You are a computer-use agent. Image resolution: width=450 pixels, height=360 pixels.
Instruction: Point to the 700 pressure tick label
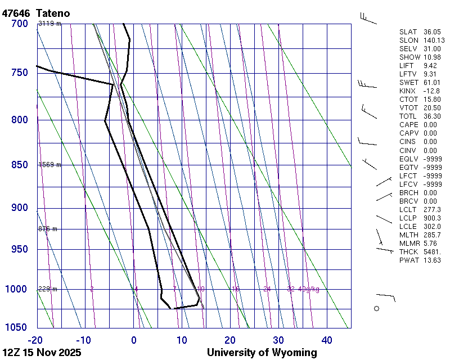click(19, 24)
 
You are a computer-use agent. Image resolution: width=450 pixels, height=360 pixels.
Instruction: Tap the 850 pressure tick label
click(19, 165)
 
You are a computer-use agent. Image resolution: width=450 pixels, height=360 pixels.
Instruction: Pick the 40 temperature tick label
click(327, 340)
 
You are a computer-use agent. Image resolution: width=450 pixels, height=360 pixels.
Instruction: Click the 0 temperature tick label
click(134, 340)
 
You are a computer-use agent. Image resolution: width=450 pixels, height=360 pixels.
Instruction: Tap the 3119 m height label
click(49, 24)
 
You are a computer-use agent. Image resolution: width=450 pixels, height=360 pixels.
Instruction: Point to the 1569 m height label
click(49, 165)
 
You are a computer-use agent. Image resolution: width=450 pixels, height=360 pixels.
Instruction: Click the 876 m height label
click(48, 229)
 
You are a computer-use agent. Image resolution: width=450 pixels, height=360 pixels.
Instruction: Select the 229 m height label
click(48, 289)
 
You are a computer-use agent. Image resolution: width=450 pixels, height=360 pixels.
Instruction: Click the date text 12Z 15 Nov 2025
click(42, 353)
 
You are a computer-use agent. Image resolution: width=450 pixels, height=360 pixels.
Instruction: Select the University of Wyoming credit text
click(262, 353)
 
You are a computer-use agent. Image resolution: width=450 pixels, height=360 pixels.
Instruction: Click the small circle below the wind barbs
click(377, 308)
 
